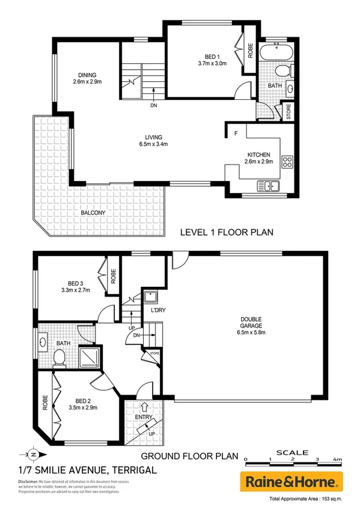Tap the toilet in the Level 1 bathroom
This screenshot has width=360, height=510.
(283, 72)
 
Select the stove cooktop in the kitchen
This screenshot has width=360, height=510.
(287, 161)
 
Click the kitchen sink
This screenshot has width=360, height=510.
(268, 186)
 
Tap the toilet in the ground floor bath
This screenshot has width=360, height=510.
(59, 358)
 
